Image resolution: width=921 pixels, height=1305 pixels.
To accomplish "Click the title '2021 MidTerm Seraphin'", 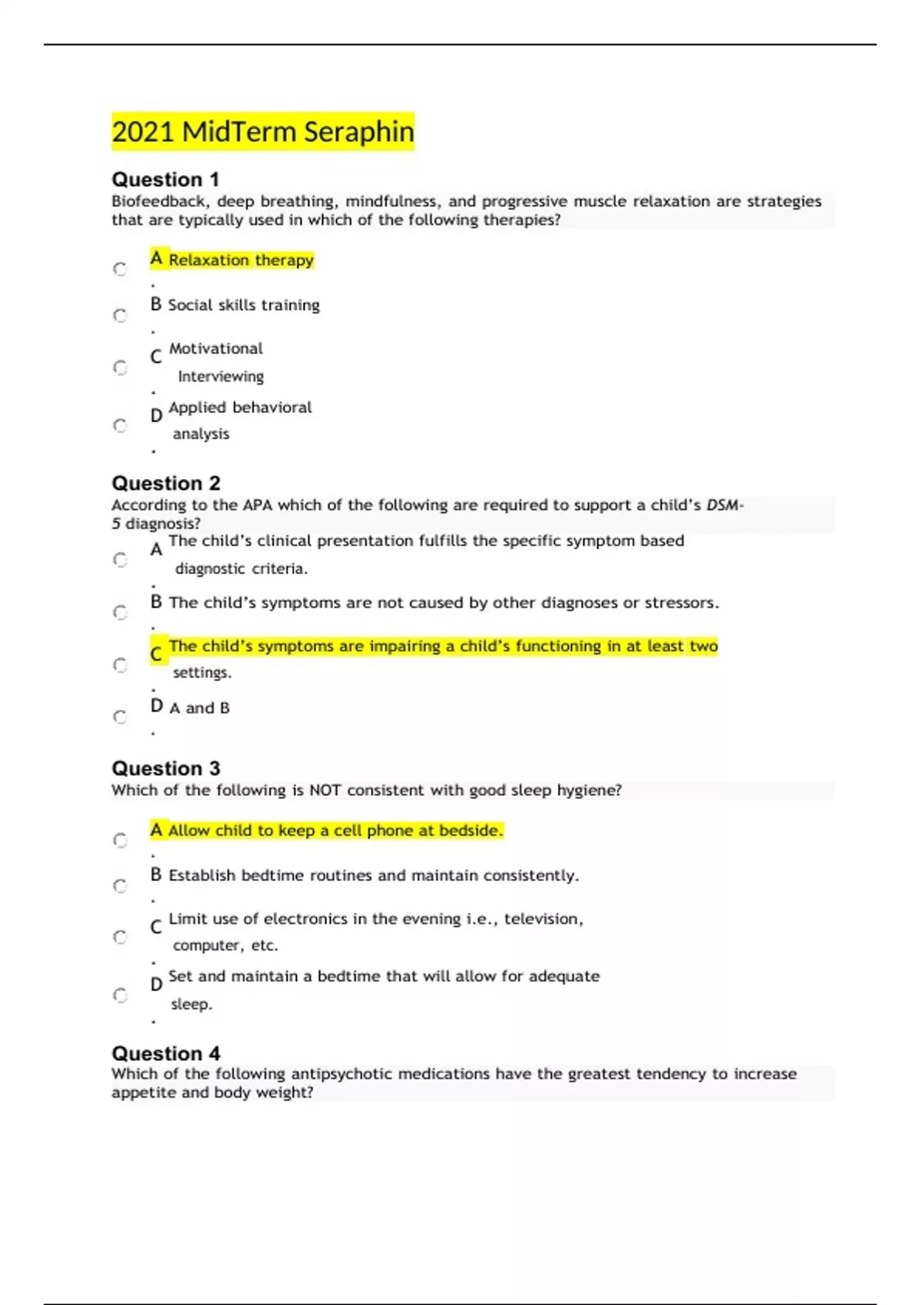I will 262,131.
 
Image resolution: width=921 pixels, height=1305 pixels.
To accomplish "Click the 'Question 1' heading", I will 165,180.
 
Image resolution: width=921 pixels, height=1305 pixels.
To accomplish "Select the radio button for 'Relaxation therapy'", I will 120,269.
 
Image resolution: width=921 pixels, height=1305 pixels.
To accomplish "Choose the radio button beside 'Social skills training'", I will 120,316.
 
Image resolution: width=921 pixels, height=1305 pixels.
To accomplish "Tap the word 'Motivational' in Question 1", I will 216,349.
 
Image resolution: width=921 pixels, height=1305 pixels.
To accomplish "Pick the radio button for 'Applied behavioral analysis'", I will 120,425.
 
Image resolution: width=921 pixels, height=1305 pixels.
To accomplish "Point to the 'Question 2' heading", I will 166,484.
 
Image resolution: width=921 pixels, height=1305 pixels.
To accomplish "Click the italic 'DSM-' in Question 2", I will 724,505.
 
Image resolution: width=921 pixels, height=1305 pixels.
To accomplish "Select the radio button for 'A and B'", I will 120,717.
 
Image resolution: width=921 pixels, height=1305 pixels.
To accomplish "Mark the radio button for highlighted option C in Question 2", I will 120,665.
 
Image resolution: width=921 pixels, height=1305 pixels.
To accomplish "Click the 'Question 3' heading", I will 166,768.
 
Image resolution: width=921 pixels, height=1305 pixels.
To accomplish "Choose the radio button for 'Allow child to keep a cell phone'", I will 120,840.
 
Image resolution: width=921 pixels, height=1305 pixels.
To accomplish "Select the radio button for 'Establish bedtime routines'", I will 120,886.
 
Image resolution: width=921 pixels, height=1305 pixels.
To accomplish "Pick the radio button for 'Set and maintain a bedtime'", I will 120,995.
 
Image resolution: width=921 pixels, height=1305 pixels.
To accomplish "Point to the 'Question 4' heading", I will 166,1053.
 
